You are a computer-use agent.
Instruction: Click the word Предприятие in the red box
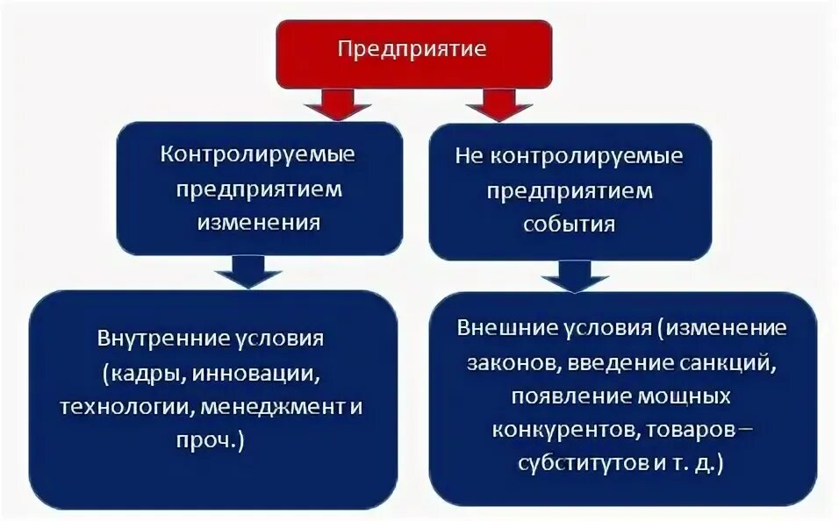pyautogui.click(x=412, y=48)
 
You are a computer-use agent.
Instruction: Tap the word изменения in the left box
pyautogui.click(x=258, y=221)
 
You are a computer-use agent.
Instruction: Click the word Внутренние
pyautogui.click(x=154, y=338)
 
